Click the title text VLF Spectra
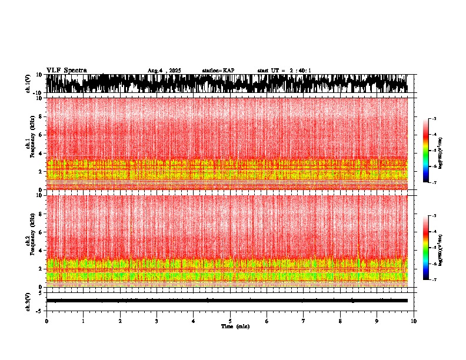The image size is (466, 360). click(x=66, y=71)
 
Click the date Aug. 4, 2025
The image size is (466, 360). click(x=164, y=71)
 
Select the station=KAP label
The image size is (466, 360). click(x=218, y=71)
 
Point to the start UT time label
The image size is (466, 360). click(x=284, y=71)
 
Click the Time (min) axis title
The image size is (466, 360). click(x=235, y=326)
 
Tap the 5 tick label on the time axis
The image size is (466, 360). click(x=230, y=321)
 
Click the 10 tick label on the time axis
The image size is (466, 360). click(x=414, y=321)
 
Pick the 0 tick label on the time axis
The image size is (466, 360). click(x=46, y=321)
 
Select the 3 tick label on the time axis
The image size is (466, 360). click(x=157, y=321)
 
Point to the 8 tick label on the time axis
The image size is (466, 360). click(x=340, y=321)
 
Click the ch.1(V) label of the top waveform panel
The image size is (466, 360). click(x=28, y=84)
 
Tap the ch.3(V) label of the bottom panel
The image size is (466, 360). click(x=28, y=301)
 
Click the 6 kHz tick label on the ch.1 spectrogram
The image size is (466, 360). click(x=41, y=135)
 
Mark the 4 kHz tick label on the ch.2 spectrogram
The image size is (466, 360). click(x=41, y=250)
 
